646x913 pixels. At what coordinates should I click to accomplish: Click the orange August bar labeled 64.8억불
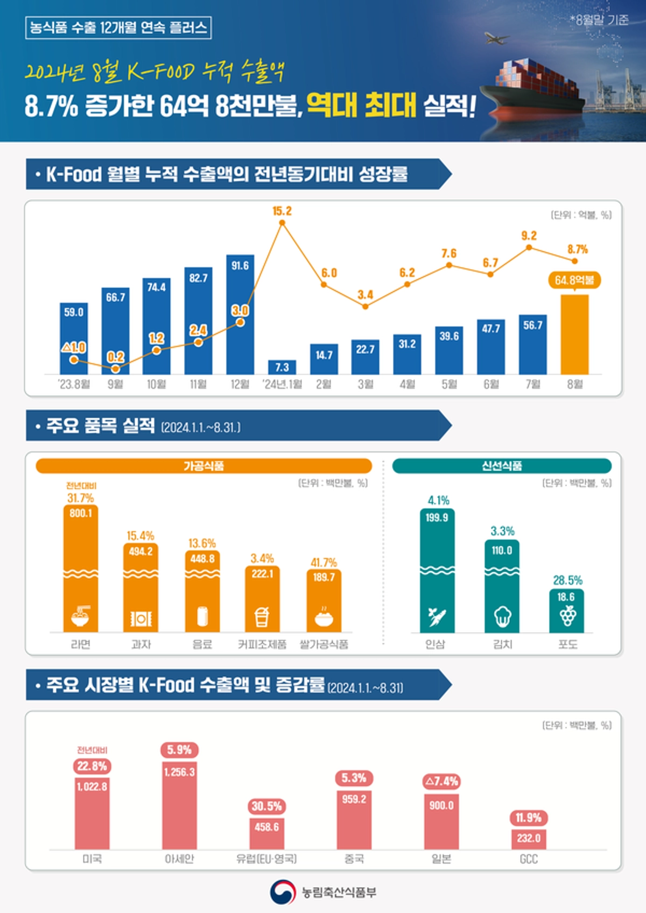[x=574, y=334]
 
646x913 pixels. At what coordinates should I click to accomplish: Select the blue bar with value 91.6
[x=240, y=315]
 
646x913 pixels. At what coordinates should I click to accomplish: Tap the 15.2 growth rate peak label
[x=282, y=211]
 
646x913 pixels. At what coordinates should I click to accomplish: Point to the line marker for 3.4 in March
[x=366, y=306]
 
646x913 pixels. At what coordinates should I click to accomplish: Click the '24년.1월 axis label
[x=282, y=384]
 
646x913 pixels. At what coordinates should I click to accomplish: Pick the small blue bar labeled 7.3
[x=282, y=367]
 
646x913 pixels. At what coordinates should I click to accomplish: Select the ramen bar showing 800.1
[x=81, y=568]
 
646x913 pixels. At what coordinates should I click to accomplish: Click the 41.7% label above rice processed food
[x=324, y=563]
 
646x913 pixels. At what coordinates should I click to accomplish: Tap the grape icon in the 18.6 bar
[x=567, y=615]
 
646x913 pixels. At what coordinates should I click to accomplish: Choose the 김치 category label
[x=502, y=644]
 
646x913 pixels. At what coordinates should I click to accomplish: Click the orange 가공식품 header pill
[x=203, y=466]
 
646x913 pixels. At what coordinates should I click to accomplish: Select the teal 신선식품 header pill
[x=502, y=466]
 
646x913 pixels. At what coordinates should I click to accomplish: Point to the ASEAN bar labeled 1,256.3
[x=179, y=805]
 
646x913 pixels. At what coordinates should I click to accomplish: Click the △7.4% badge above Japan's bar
[x=441, y=781]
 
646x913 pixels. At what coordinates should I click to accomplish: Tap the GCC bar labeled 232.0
[x=528, y=839]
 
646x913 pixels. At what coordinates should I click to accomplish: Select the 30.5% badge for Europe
[x=266, y=806]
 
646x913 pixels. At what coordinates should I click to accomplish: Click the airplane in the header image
[x=497, y=38]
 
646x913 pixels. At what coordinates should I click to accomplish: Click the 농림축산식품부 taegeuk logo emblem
[x=283, y=892]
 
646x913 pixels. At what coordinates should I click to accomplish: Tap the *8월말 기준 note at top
[x=599, y=20]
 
